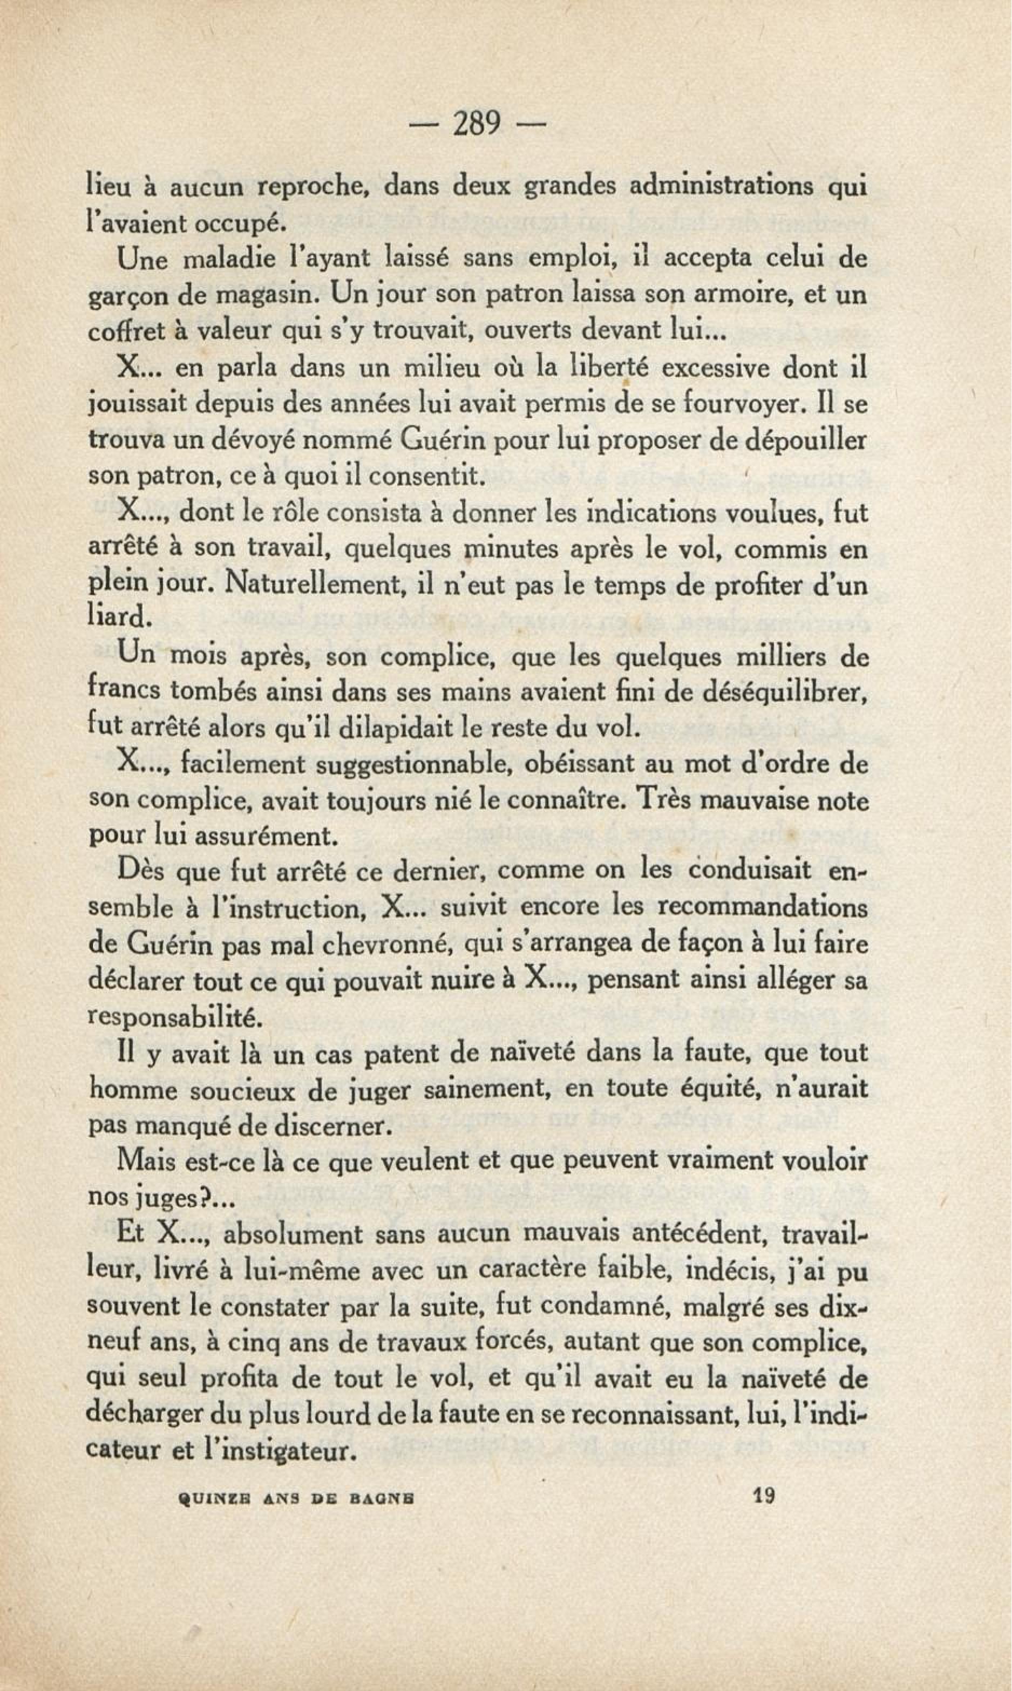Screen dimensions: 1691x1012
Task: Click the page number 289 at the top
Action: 477,124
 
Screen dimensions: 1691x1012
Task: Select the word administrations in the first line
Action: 722,186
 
